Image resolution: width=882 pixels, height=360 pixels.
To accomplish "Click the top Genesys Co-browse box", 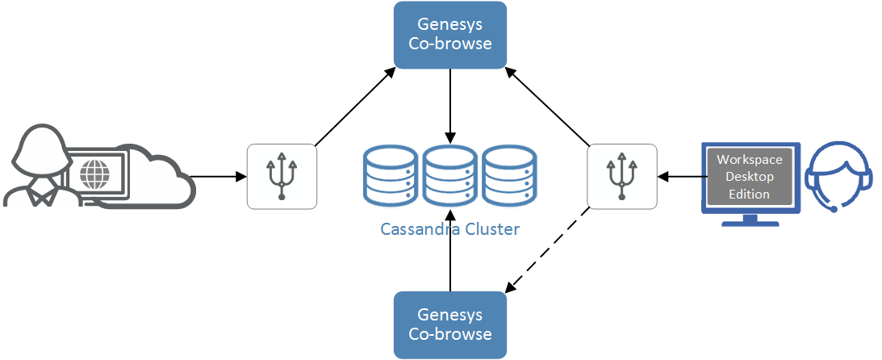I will [449, 35].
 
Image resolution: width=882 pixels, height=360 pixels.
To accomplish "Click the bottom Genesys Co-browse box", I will [449, 324].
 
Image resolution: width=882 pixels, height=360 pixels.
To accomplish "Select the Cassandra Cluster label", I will [449, 228].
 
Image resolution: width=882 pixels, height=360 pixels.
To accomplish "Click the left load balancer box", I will [282, 176].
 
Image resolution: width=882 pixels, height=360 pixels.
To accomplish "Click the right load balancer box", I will [622, 176].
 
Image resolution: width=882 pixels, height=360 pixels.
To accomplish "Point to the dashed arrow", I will [549, 250].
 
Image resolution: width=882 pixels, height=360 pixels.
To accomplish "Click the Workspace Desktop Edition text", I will [749, 177].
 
